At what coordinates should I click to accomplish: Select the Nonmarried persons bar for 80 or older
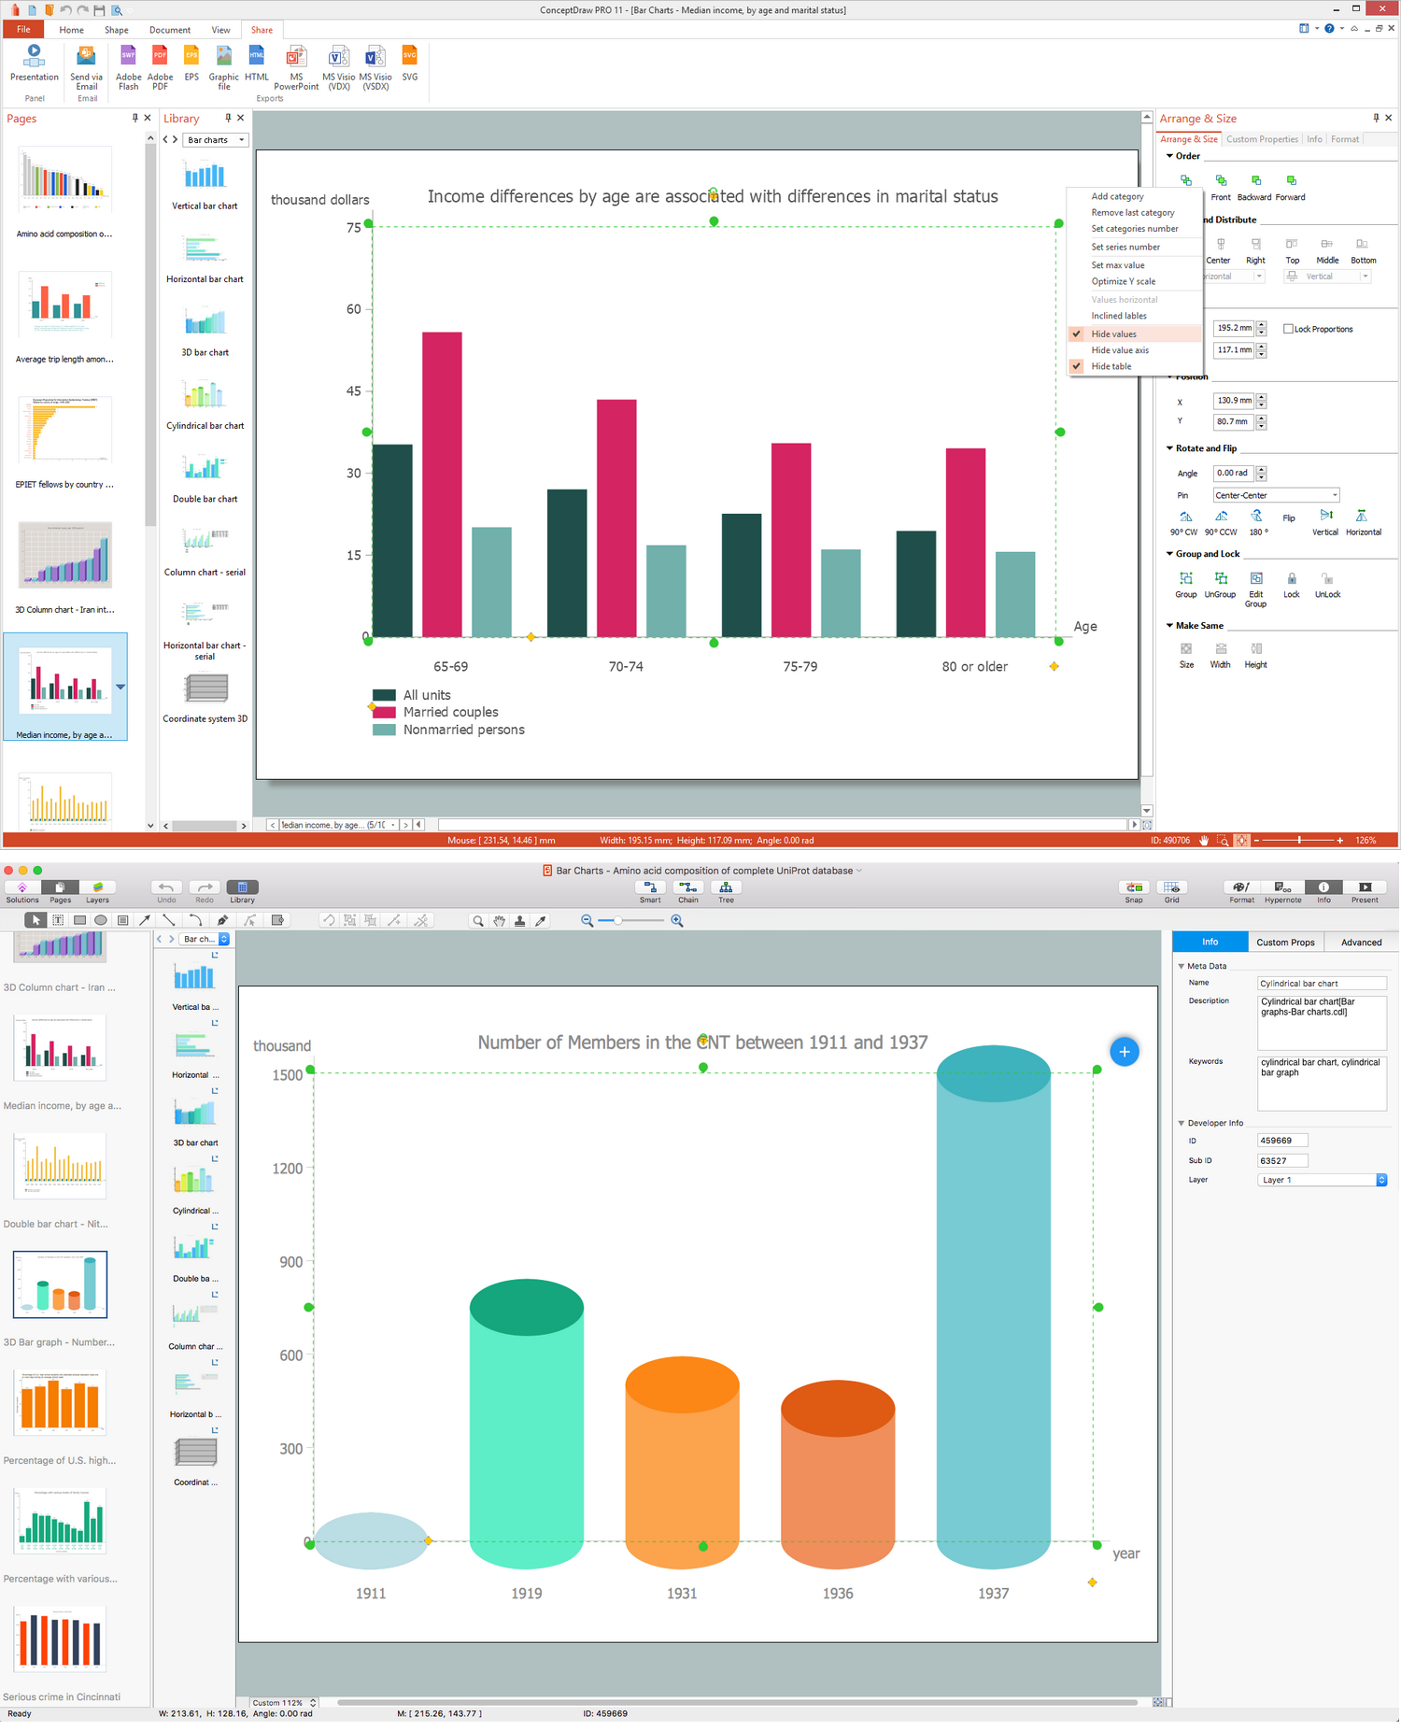coord(1014,594)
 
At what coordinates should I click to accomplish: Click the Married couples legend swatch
coord(384,712)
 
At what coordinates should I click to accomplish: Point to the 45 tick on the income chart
coord(353,391)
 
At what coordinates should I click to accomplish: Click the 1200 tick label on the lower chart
coord(288,1169)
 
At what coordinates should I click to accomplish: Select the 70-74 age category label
coord(625,666)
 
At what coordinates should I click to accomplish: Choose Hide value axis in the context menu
coord(1120,350)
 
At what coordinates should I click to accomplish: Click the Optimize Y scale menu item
coord(1123,281)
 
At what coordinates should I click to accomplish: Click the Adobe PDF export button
coord(160,67)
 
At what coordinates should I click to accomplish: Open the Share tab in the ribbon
coord(262,30)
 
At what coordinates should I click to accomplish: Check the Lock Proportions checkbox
coord(1288,329)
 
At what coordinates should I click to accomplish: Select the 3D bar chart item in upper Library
coord(205,333)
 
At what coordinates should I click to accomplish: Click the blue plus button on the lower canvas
coord(1124,1052)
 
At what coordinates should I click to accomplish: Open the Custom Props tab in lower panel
coord(1284,942)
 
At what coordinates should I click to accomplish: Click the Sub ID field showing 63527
coord(1281,1160)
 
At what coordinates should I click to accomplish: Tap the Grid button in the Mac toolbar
coord(1171,891)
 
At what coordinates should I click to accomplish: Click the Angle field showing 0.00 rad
coord(1233,474)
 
